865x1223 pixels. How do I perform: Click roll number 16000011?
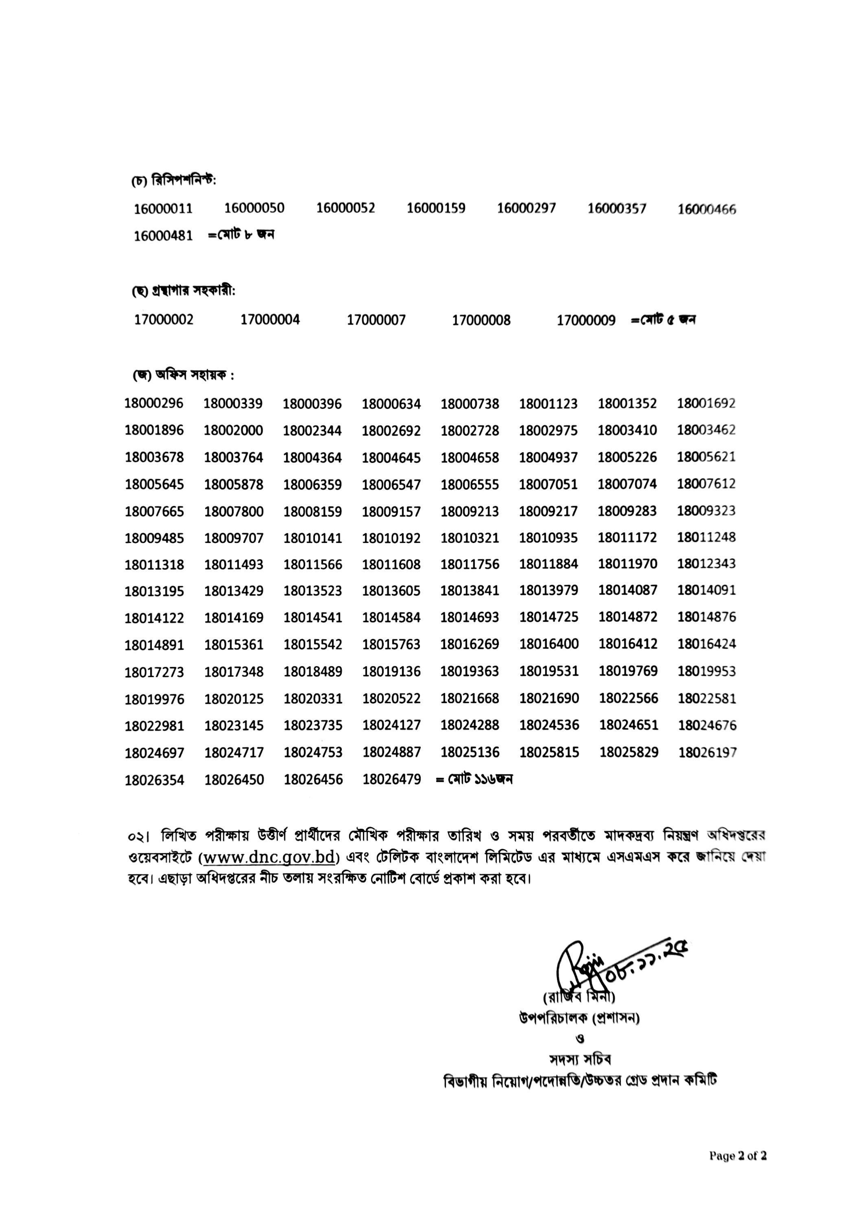[x=163, y=209]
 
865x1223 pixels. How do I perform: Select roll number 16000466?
[x=707, y=209]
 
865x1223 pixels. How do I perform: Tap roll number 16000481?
[x=163, y=236]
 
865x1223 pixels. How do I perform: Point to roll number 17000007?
[x=376, y=320]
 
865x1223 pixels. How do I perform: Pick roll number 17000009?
[x=586, y=321]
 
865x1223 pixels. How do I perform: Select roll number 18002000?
[x=233, y=430]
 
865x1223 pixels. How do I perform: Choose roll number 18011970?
[x=627, y=564]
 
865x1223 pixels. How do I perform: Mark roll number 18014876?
[x=707, y=617]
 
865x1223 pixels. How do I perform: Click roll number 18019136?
[x=391, y=672]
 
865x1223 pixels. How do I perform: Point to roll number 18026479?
[x=392, y=780]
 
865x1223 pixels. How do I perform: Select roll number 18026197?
[x=707, y=753]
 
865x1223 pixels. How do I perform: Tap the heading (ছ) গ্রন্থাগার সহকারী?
[x=184, y=291]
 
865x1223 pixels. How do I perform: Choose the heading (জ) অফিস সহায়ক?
[x=184, y=375]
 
